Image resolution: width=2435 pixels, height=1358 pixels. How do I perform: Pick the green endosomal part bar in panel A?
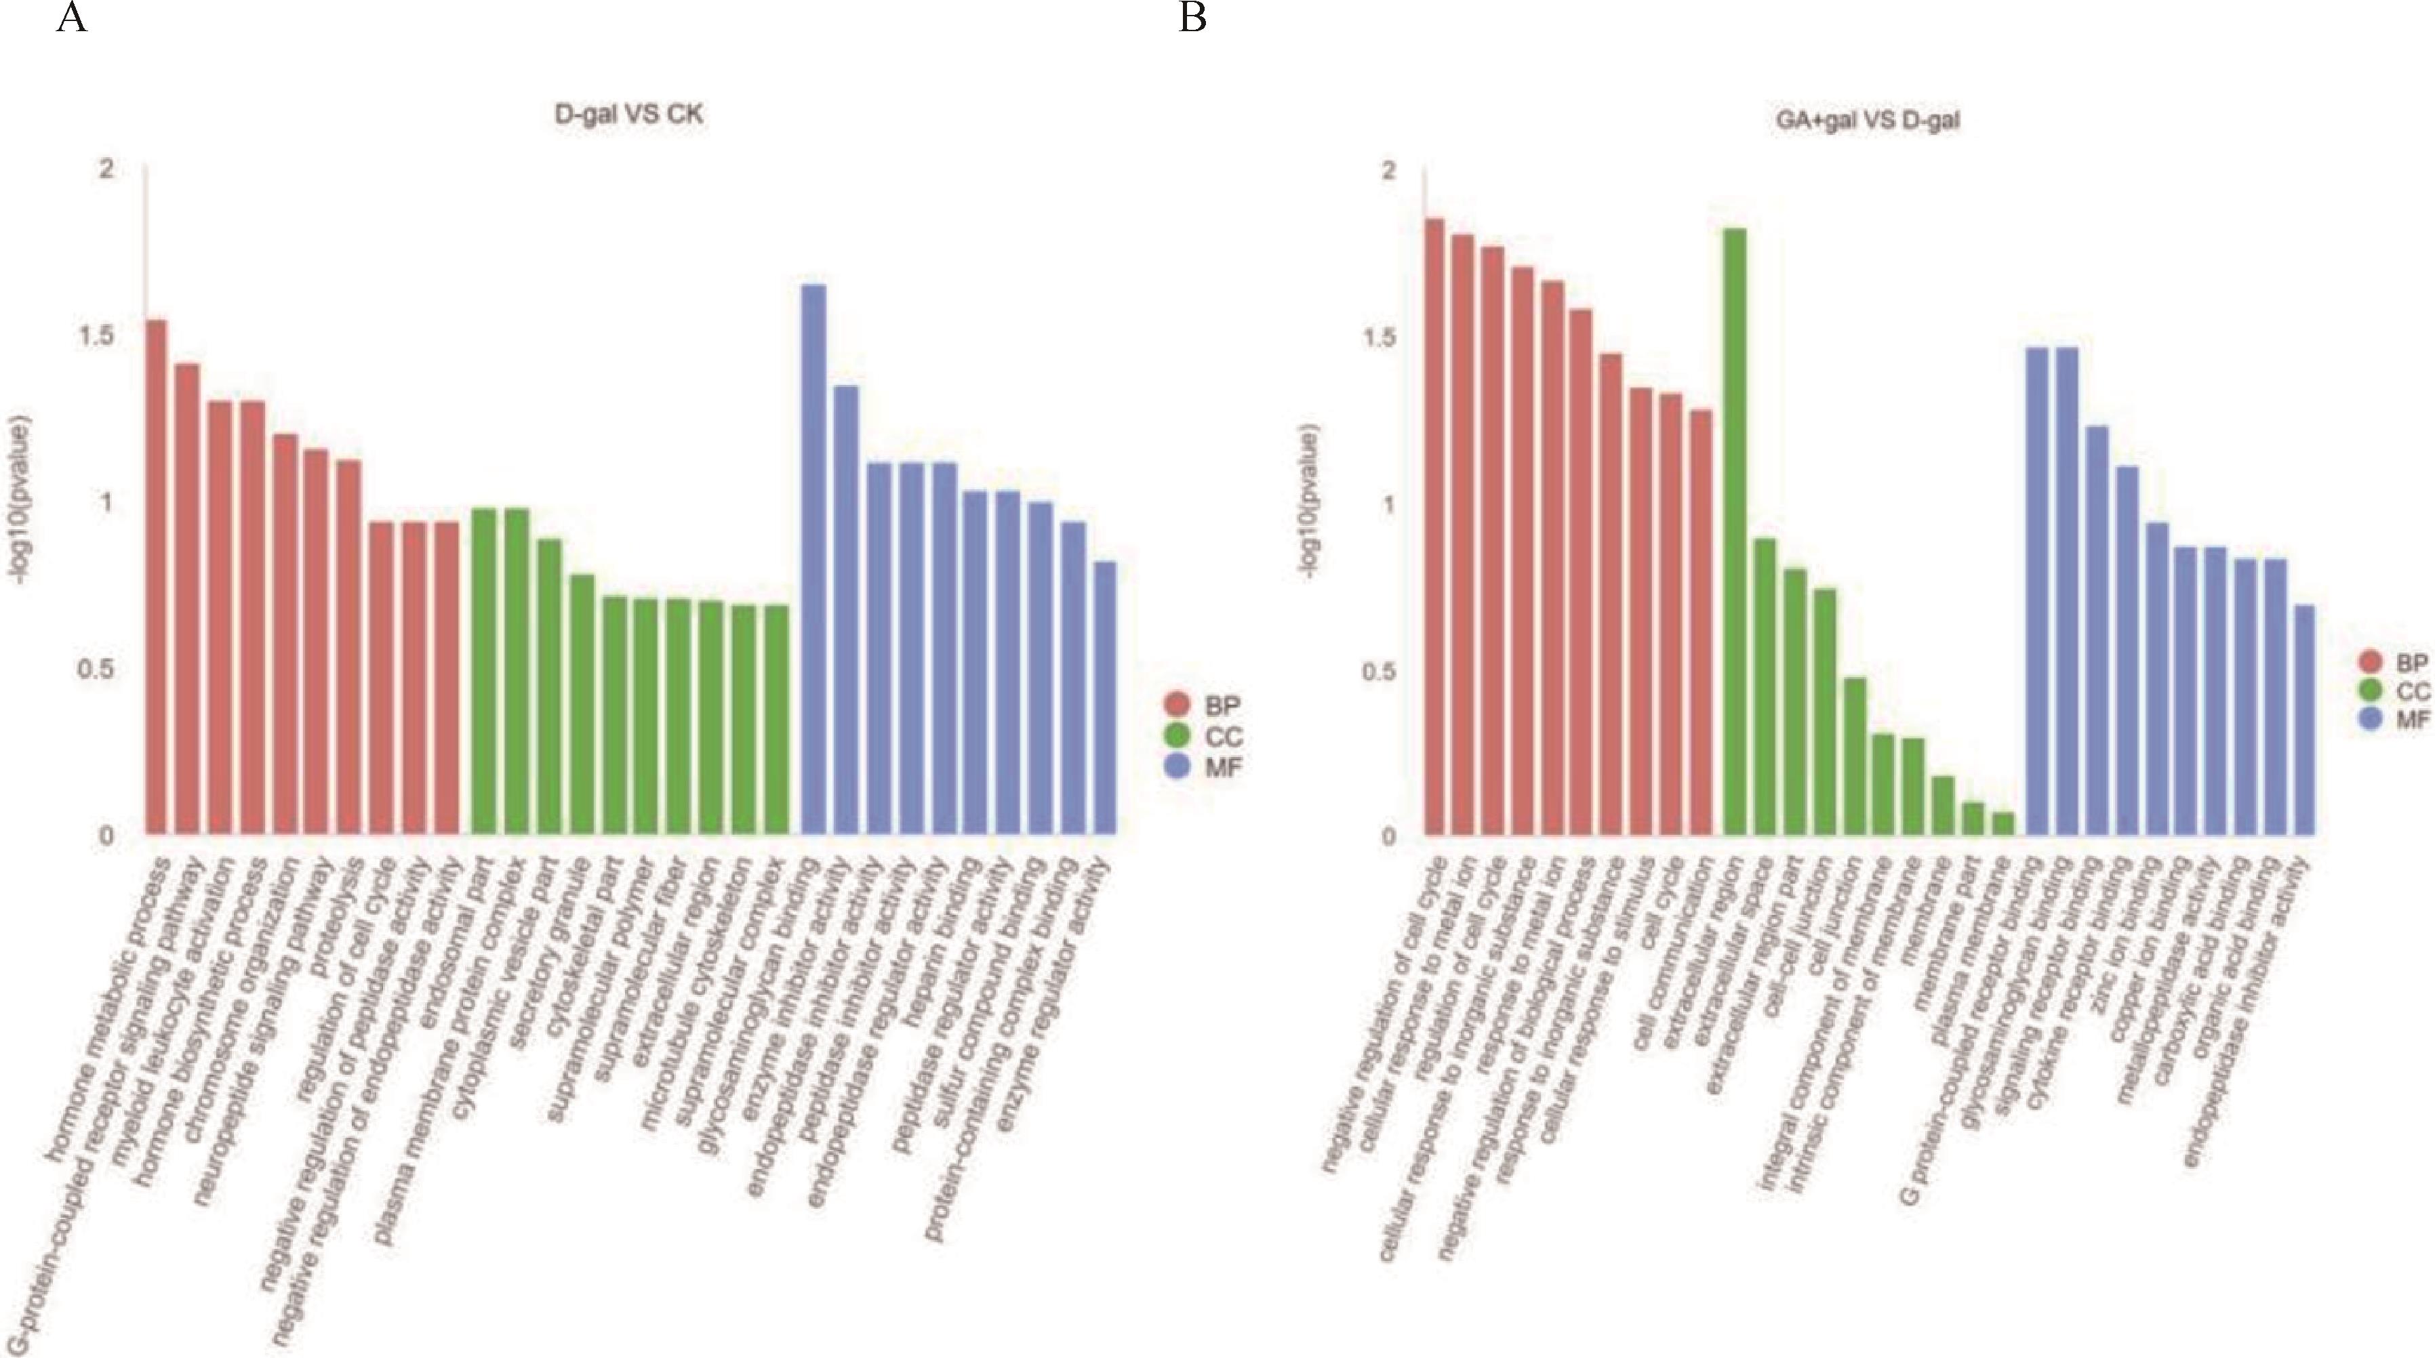483,671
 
